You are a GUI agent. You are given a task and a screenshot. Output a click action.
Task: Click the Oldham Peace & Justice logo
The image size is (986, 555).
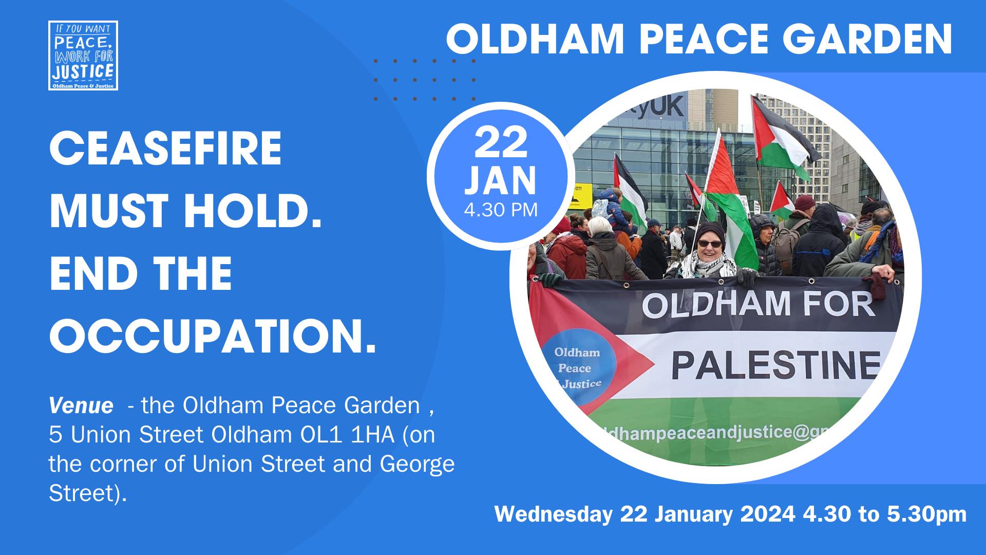83,55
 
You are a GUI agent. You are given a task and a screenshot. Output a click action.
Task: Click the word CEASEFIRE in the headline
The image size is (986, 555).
165,148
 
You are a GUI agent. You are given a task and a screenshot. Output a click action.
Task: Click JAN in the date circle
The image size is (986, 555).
501,181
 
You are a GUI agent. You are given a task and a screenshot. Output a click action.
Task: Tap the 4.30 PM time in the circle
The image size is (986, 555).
501,210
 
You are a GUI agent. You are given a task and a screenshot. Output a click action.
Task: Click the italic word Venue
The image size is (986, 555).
81,406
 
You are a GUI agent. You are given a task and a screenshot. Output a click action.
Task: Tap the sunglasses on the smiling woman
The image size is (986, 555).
711,243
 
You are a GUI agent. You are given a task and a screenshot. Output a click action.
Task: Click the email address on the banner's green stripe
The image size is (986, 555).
719,433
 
